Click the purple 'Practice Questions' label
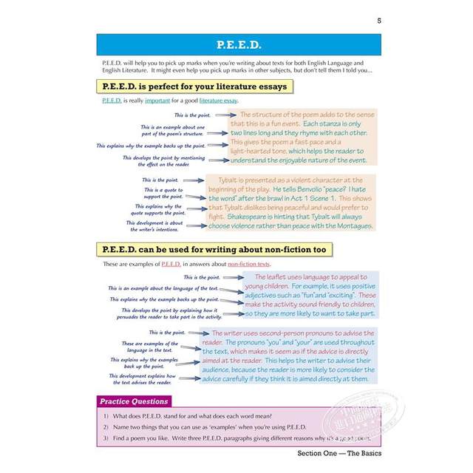click(x=134, y=402)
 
